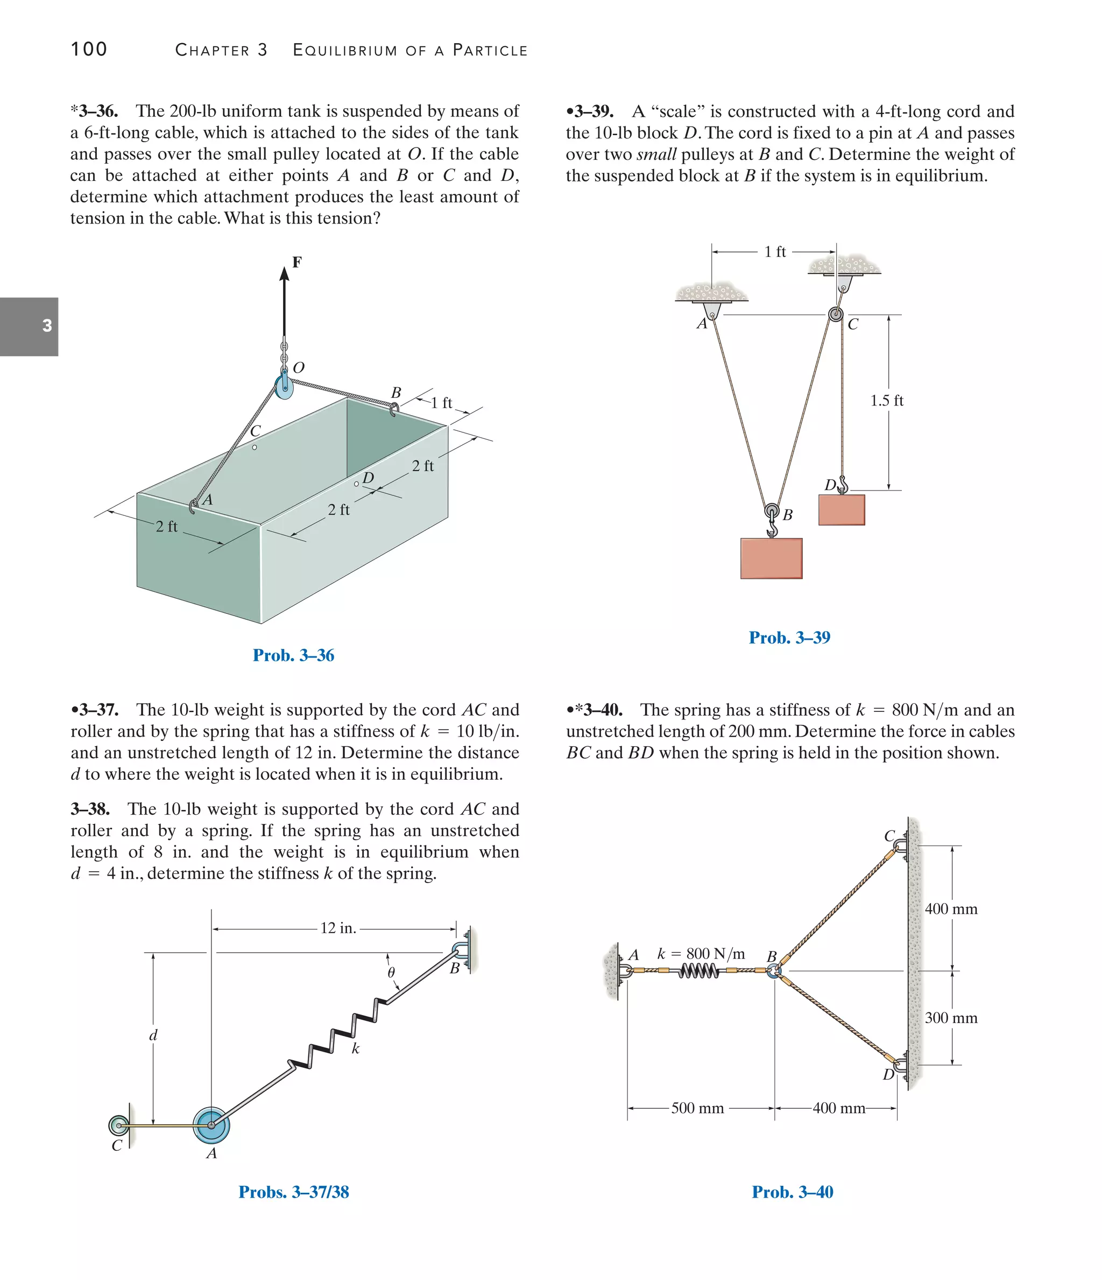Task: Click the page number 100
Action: [89, 50]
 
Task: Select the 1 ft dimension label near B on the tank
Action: [441, 403]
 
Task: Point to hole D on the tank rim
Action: [356, 484]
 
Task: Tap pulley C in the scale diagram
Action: [836, 314]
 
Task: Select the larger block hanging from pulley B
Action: [771, 558]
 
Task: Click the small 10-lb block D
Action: [842, 509]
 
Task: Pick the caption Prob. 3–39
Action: [789, 638]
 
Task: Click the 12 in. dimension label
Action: [338, 928]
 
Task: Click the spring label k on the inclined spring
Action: [356, 1048]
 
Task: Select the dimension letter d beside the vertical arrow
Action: [153, 1036]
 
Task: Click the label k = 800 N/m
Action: [701, 953]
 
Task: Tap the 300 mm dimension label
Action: [951, 1017]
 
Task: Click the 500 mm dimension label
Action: [697, 1108]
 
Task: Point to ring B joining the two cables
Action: [774, 970]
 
